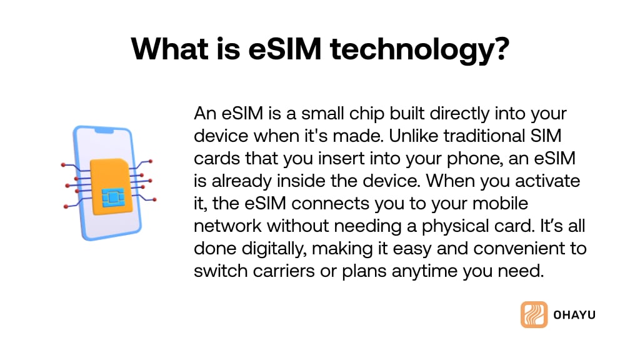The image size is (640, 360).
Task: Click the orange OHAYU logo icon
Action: (534, 315)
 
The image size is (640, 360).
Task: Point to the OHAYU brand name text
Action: (574, 315)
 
